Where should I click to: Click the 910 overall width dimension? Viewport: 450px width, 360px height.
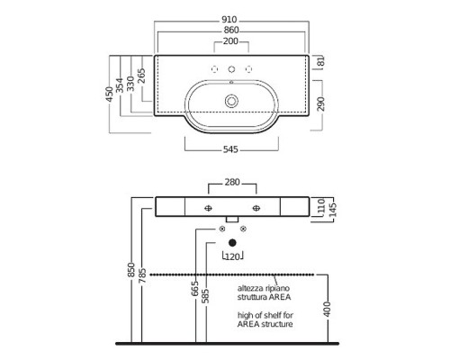point(229,20)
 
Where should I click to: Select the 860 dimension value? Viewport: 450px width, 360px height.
point(231,31)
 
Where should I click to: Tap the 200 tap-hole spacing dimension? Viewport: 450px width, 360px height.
point(230,41)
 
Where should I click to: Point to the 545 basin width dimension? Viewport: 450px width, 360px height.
point(230,149)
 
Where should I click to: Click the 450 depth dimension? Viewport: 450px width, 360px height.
point(110,94)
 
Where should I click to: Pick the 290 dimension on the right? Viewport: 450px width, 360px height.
point(321,103)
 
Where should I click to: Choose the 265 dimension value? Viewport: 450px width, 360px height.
point(141,76)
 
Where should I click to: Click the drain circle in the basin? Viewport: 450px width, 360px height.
point(231,101)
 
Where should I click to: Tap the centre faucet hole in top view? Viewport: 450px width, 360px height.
point(231,69)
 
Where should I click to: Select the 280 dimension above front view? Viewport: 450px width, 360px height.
point(232,182)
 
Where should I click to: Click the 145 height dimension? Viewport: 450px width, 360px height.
point(333,210)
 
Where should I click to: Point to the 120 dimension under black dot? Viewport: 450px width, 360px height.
point(232,256)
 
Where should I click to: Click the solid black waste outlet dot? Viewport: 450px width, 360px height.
point(232,243)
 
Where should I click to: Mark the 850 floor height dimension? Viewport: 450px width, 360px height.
point(131,270)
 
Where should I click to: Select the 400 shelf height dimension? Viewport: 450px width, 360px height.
point(328,309)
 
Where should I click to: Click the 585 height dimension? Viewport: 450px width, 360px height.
point(206,296)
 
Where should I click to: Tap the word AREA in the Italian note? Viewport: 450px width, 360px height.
point(280,297)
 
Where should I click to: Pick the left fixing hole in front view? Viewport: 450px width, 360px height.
point(208,208)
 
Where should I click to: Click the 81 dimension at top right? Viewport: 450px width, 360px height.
point(320,62)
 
